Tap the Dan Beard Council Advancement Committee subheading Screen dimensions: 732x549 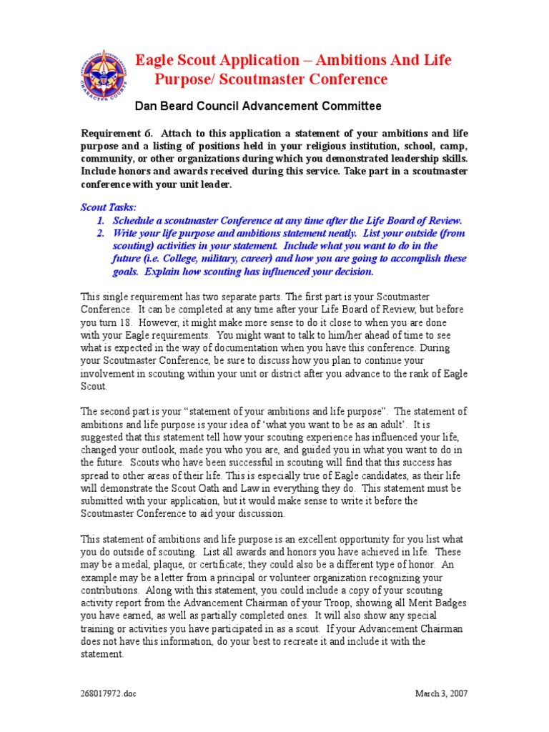[x=258, y=107]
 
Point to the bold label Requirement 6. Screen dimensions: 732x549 [x=117, y=133]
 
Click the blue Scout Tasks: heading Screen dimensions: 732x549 [x=107, y=207]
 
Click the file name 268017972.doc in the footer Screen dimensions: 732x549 [x=107, y=693]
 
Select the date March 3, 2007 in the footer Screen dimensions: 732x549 [x=441, y=693]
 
